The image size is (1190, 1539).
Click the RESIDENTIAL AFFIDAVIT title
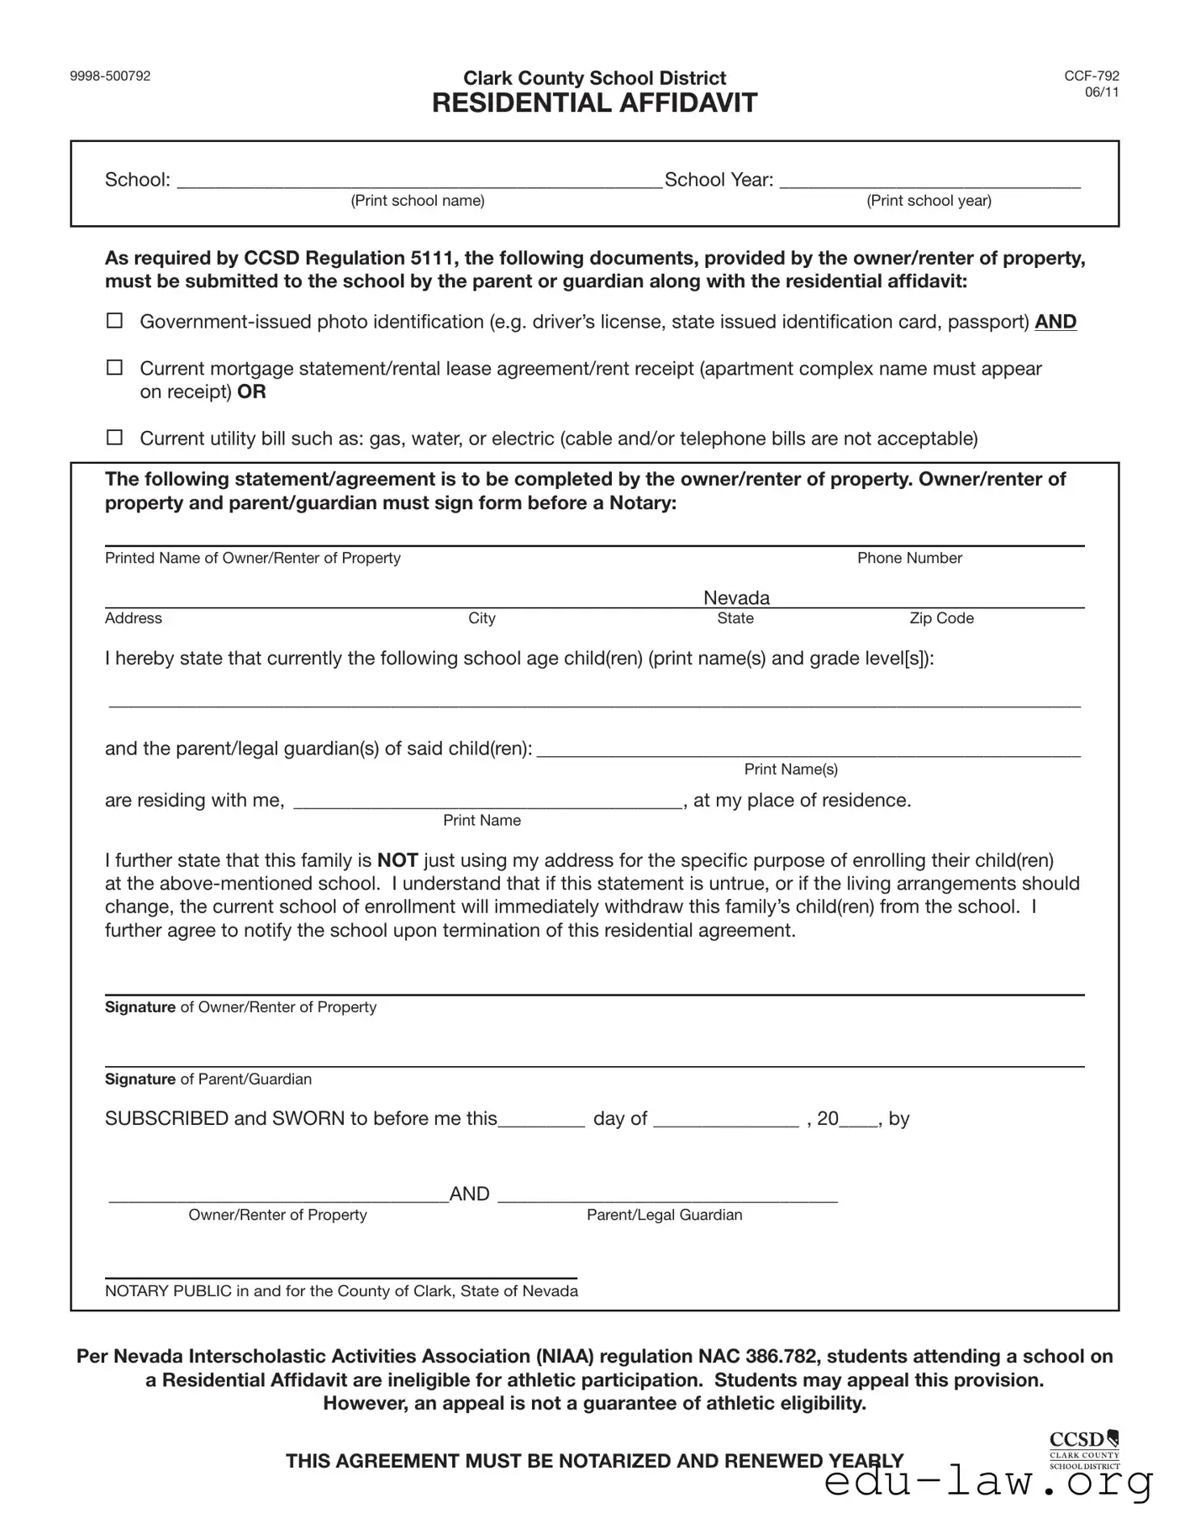click(x=594, y=103)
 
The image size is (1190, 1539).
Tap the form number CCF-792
click(x=1091, y=76)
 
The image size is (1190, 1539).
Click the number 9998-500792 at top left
click(x=110, y=76)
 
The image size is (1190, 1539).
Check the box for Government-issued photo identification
click(x=114, y=321)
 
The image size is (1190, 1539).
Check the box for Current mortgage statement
click(x=114, y=368)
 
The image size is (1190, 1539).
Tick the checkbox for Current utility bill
click(x=114, y=438)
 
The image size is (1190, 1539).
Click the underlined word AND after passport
click(x=1055, y=322)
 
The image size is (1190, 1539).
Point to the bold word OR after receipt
click(x=251, y=392)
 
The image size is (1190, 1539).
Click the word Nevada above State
click(x=736, y=597)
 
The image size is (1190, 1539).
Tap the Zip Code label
click(x=941, y=618)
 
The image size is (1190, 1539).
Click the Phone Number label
click(x=909, y=558)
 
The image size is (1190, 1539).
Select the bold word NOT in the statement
click(x=398, y=860)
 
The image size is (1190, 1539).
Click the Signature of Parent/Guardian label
click(x=208, y=1079)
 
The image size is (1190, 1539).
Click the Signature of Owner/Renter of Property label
click(x=240, y=1007)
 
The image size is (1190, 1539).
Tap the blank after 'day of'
click(x=725, y=1121)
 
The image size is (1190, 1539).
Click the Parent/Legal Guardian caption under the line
click(x=664, y=1215)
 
